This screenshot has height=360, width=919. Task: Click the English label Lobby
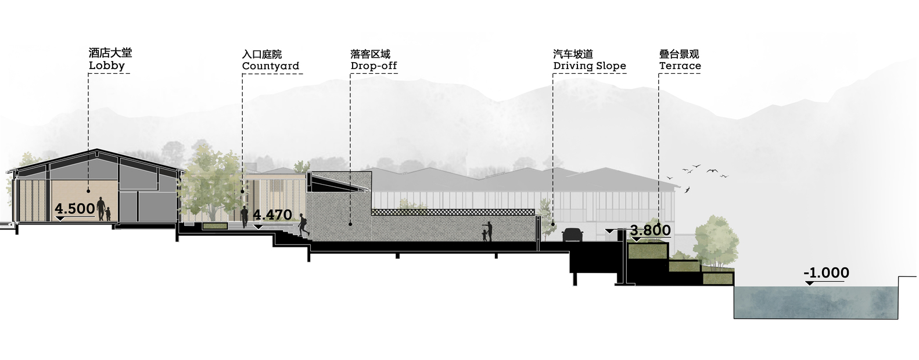(107, 66)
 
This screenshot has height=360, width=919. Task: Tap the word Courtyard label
(271, 66)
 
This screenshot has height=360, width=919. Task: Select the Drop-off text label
(374, 66)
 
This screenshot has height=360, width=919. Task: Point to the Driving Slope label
(590, 66)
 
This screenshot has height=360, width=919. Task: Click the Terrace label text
(680, 66)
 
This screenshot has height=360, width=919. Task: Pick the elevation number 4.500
(75, 208)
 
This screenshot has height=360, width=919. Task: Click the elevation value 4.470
(272, 214)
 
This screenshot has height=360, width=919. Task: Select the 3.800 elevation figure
(650, 230)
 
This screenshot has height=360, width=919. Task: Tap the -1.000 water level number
(826, 273)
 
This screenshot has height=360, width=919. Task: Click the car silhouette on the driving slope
(573, 235)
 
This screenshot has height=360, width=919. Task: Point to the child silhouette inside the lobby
(108, 214)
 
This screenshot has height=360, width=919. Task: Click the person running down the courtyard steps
(304, 225)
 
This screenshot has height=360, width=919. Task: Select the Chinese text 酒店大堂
(110, 53)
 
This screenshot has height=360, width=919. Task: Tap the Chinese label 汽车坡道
(573, 54)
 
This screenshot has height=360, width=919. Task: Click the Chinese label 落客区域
(371, 54)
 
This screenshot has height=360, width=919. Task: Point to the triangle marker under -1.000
(809, 283)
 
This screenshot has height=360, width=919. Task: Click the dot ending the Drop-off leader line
(350, 224)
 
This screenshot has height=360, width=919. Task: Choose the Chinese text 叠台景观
(679, 54)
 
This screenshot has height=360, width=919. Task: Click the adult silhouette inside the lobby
(100, 208)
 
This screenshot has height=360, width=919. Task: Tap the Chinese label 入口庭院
(262, 54)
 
